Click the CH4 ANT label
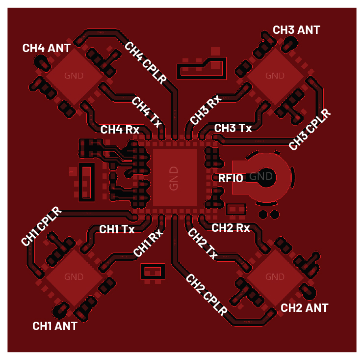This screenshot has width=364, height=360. point(47,48)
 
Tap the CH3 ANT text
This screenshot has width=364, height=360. point(296,30)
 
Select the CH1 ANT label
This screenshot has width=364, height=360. point(54,326)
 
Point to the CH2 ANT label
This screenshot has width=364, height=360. point(304,308)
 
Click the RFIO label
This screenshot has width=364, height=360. point(231,178)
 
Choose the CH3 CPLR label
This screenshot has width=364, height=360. point(310,129)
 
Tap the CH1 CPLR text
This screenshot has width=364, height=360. point(42,226)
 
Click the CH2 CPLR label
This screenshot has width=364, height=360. point(206,295)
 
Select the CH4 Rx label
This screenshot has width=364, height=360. point(120,130)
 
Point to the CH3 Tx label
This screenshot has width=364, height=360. point(233,128)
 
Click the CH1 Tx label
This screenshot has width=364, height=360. point(117,229)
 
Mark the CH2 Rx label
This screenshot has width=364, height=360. point(231,228)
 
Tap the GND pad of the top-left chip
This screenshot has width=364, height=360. point(74,76)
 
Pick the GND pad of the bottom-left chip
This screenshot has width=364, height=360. point(74,277)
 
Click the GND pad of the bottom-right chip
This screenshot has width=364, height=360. point(275,277)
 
